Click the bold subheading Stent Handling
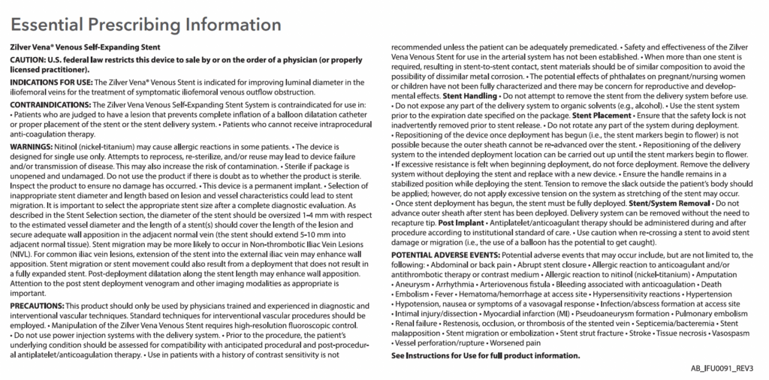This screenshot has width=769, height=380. point(470,97)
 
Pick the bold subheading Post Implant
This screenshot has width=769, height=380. point(460,223)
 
